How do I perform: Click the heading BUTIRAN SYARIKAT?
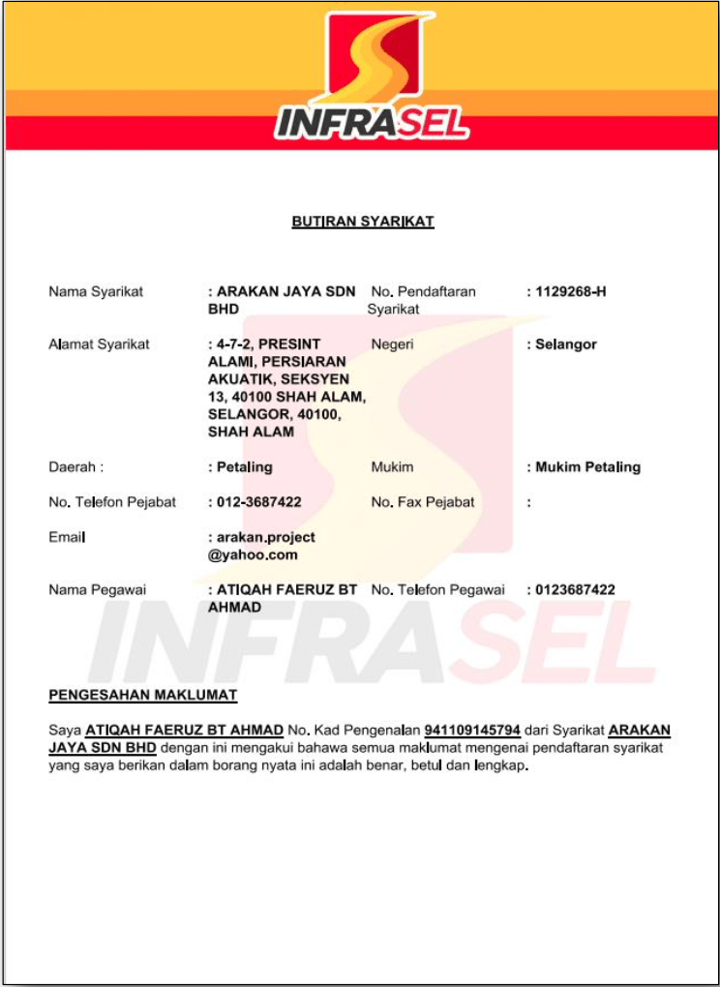point(363,222)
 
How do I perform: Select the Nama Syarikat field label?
point(96,291)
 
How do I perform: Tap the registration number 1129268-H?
point(570,291)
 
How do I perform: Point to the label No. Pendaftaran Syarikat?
point(422,300)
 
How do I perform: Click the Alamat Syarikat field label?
point(99,344)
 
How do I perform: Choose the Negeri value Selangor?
point(566,344)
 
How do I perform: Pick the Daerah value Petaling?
point(244,466)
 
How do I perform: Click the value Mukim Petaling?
point(587,466)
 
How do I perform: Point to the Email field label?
point(67,537)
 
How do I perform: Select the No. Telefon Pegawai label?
point(437,589)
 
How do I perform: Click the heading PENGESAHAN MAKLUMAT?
point(142,695)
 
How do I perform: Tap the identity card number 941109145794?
point(472,730)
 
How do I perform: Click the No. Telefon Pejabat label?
point(112,502)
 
